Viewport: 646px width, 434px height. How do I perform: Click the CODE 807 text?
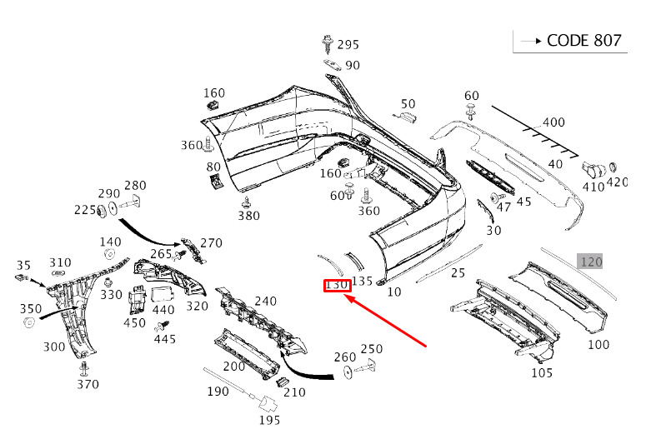tap(583, 40)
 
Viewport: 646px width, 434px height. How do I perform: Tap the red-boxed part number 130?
tap(337, 285)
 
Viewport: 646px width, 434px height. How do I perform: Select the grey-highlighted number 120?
tap(591, 262)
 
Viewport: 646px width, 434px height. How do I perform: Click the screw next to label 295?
tap(328, 44)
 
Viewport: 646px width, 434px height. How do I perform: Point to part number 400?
tap(553, 122)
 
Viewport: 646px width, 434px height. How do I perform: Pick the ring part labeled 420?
tap(613, 167)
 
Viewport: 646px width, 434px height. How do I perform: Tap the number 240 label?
tap(265, 301)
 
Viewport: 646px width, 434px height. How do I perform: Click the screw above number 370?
tap(85, 368)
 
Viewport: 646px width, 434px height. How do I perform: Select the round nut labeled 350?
tap(29, 322)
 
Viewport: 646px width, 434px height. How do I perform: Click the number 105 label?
tap(542, 372)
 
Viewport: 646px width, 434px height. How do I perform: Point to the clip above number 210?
tap(282, 382)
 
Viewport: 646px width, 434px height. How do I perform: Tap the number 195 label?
tap(269, 420)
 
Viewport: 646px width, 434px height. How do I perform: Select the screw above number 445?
tap(162, 327)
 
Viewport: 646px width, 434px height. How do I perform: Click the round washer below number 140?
tap(109, 254)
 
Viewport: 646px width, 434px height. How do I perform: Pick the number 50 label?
tap(408, 104)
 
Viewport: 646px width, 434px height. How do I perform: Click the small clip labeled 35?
tap(23, 277)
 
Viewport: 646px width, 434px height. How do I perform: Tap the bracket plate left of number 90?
tap(332, 65)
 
